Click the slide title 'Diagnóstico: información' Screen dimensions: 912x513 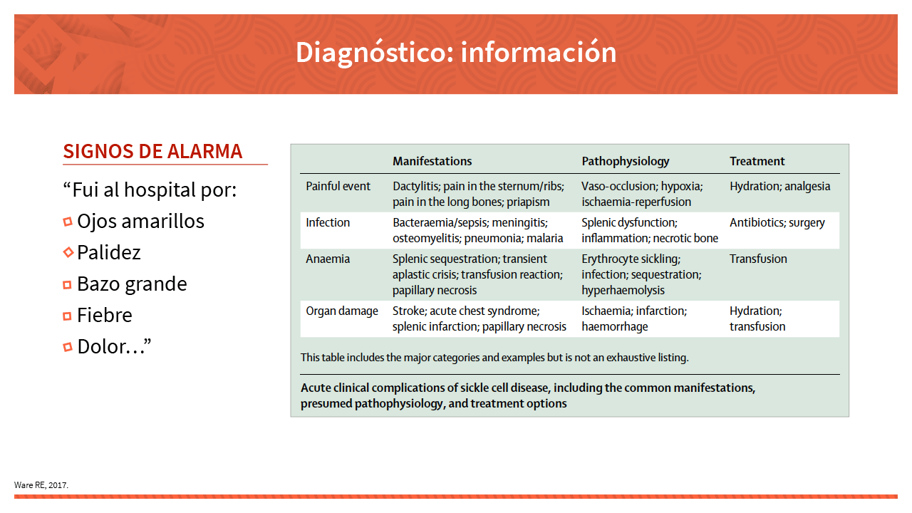tap(456, 52)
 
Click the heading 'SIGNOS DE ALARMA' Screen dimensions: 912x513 tap(152, 152)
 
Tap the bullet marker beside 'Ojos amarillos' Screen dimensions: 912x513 tap(68, 222)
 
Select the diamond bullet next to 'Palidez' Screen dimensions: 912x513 tap(68, 252)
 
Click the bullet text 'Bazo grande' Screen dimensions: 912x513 tap(132, 284)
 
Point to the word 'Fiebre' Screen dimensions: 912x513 tap(105, 315)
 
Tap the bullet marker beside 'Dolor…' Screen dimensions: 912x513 tap(68, 347)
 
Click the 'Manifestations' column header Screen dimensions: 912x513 tap(432, 161)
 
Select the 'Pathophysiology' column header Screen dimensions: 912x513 tap(626, 162)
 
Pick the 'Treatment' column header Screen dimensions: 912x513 tap(757, 161)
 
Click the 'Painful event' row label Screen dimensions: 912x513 tap(338, 186)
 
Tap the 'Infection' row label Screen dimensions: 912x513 tap(328, 222)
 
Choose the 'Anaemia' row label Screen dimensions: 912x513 tap(328, 259)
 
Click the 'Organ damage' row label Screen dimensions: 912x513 tap(342, 311)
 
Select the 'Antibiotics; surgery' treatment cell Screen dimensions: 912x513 tap(777, 223)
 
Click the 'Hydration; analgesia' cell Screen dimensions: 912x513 tap(779, 187)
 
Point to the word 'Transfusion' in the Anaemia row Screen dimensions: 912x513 tap(758, 259)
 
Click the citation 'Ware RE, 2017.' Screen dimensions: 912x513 tap(41, 485)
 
